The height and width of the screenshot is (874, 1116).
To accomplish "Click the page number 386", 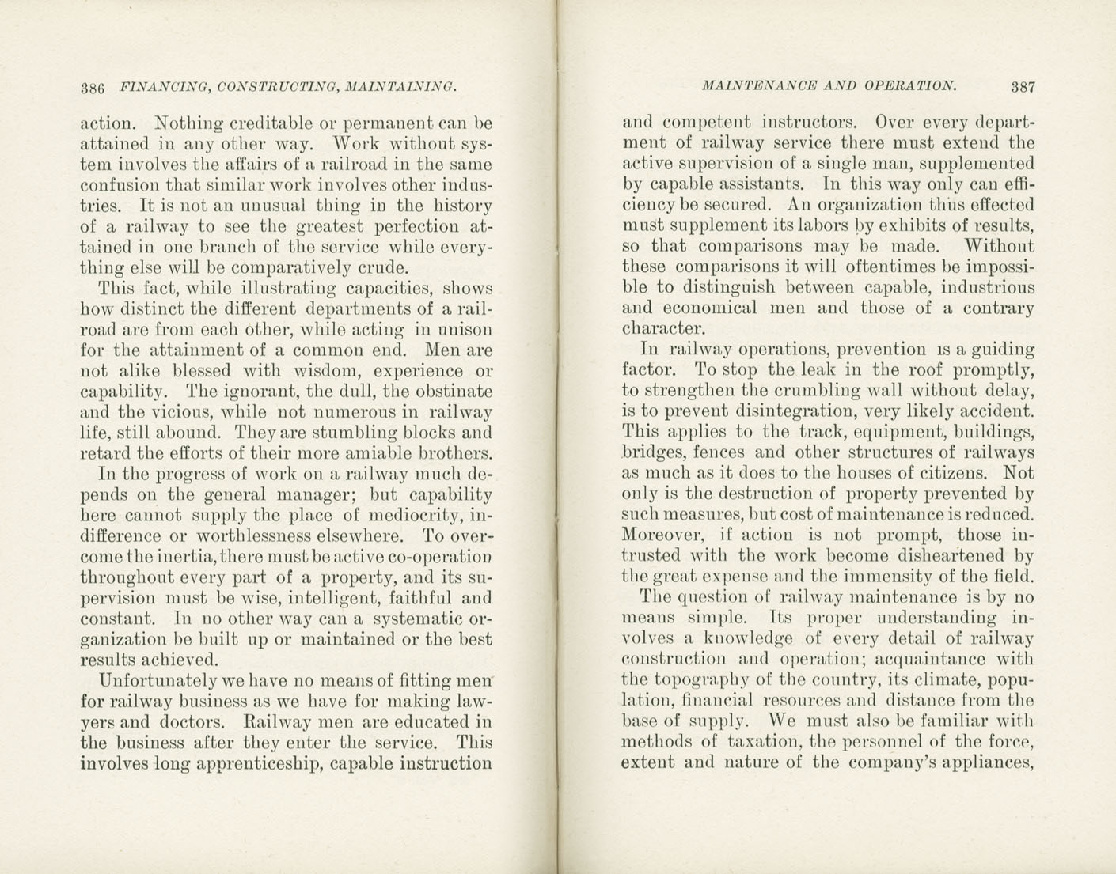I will coord(93,88).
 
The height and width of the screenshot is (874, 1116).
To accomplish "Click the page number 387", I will coord(1022,87).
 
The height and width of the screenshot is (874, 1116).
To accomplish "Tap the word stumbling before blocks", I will coord(345,433).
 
